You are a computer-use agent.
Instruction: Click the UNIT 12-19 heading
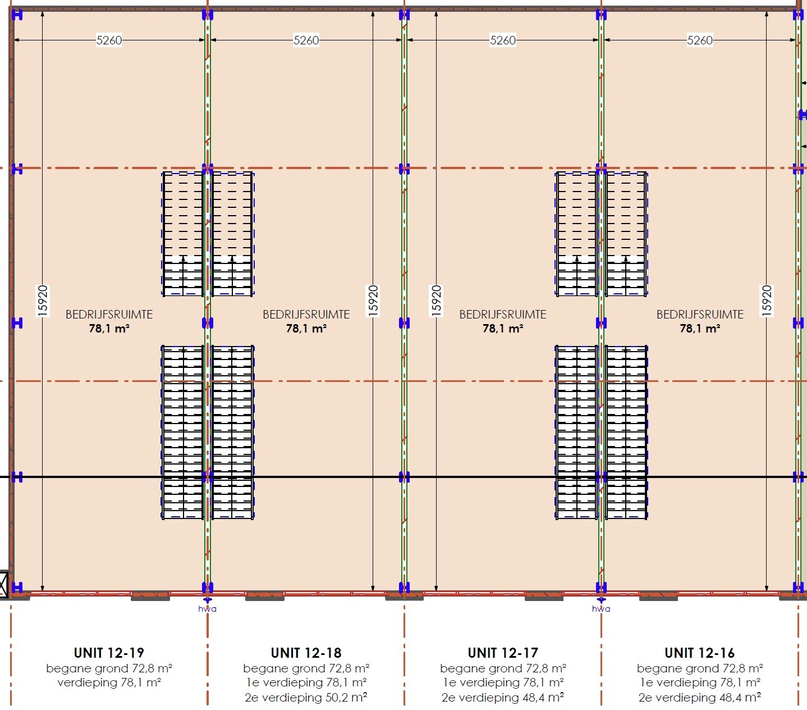click(109, 653)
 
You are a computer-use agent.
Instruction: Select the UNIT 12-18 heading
click(306, 653)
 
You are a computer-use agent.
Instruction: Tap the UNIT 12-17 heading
click(503, 653)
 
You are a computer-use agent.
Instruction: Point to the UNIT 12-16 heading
click(699, 653)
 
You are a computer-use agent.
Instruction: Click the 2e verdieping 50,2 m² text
click(306, 698)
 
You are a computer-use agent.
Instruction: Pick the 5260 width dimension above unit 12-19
click(109, 40)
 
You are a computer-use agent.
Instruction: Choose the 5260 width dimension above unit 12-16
click(700, 40)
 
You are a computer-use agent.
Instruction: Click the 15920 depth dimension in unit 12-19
click(43, 301)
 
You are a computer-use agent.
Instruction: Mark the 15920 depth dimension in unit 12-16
click(767, 301)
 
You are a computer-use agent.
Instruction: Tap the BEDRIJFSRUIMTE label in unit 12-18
click(306, 315)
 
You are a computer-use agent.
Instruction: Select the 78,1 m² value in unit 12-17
click(503, 329)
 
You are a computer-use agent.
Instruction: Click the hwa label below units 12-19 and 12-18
click(207, 609)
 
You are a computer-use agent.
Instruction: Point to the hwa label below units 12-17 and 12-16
click(601, 609)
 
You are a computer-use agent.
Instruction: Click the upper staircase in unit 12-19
click(183, 234)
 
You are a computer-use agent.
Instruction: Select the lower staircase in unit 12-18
click(233, 433)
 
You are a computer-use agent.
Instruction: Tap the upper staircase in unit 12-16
click(626, 234)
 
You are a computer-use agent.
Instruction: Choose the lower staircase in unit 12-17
click(576, 433)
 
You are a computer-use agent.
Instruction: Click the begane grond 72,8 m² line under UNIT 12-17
click(503, 668)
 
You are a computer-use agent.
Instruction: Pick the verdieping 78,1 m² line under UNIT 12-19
click(109, 683)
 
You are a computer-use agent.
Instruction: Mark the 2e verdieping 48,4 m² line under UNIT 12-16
click(699, 698)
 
